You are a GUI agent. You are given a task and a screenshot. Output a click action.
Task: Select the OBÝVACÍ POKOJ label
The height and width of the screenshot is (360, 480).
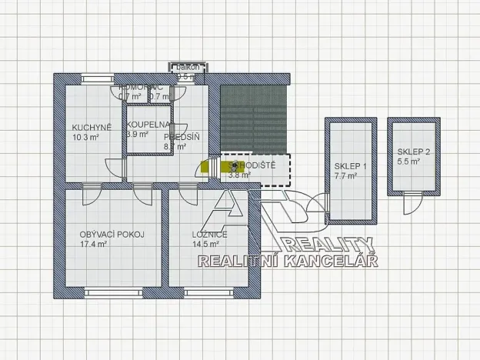tap(112, 235)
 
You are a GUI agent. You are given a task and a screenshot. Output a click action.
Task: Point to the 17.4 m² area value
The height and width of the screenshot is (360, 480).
tap(94, 245)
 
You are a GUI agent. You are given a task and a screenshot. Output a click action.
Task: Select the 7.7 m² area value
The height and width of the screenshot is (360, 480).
tap(346, 176)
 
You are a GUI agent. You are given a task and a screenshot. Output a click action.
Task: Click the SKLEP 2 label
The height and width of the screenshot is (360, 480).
tap(414, 152)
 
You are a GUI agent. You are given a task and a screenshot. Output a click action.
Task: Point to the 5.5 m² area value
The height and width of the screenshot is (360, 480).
tap(408, 162)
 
